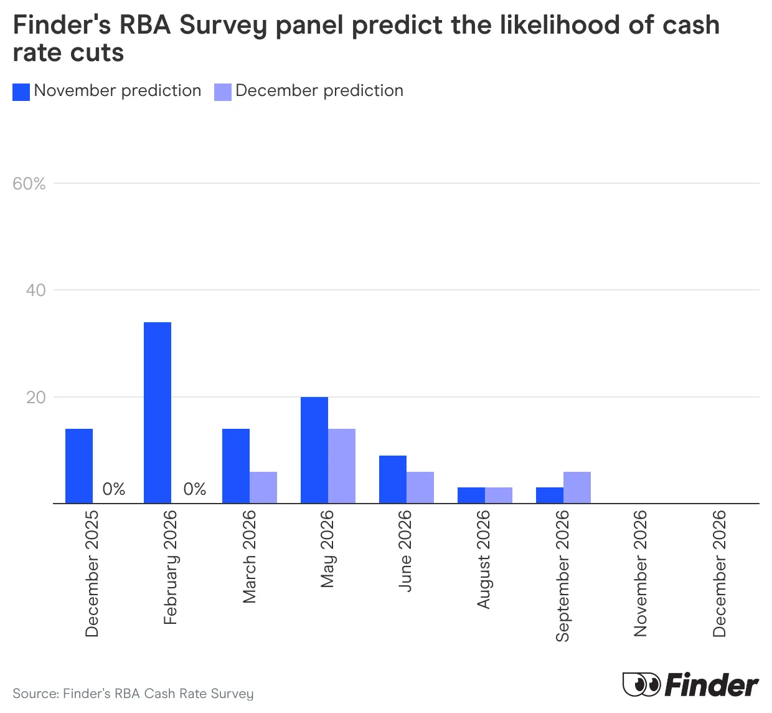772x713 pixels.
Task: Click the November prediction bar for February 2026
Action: [158, 413]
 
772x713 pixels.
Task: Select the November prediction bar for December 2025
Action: [79, 466]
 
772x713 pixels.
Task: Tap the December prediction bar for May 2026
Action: [342, 466]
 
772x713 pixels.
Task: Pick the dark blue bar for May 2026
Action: [314, 450]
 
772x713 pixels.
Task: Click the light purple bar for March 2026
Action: [263, 487]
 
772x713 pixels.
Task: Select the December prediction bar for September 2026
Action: [577, 487]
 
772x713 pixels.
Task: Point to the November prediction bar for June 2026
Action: [393, 479]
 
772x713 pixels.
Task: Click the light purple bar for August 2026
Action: [499, 495]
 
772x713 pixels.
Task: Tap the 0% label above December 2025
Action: [114, 489]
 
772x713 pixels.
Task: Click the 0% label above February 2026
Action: [195, 489]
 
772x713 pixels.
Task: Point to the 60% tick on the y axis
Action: [29, 184]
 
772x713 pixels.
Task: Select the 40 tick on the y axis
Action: [35, 290]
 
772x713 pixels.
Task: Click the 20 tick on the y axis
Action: [36, 398]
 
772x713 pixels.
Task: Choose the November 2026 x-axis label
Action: [641, 573]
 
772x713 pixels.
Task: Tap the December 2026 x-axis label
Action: [719, 573]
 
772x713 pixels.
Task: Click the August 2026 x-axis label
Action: [484, 559]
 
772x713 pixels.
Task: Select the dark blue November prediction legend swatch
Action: [21, 92]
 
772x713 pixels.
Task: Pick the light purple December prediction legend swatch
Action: [223, 92]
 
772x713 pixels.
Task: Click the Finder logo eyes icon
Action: [641, 684]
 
